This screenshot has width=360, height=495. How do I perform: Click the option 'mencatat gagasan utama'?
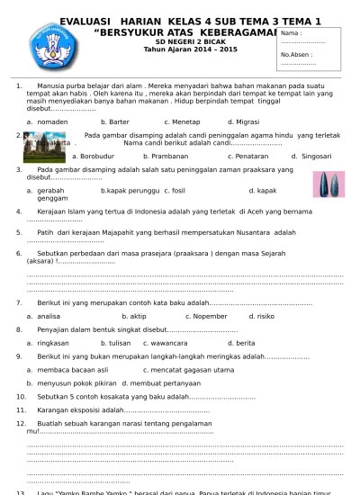[x=195, y=369]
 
